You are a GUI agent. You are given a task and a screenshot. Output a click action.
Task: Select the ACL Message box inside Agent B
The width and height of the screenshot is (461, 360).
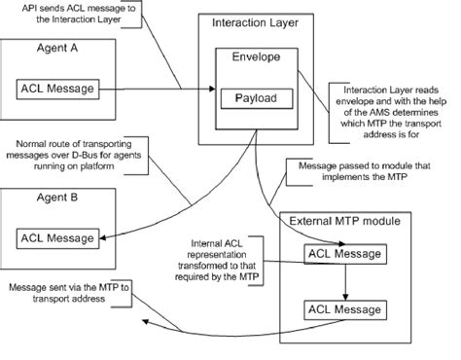tap(58, 235)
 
